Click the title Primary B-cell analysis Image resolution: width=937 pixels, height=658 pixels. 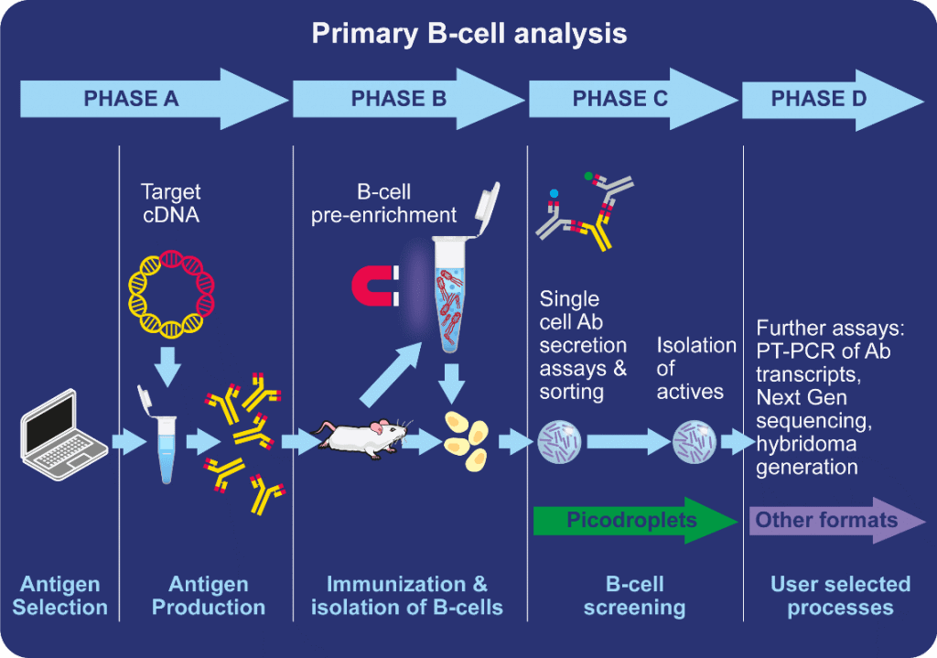click(x=468, y=34)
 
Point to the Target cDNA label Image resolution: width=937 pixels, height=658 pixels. click(x=170, y=204)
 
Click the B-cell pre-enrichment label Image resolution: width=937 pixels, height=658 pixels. click(x=383, y=204)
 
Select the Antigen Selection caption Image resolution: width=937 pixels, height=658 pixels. click(x=59, y=596)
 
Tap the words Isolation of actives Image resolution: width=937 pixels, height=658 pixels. click(x=695, y=368)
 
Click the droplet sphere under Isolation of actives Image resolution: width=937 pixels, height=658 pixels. click(x=695, y=442)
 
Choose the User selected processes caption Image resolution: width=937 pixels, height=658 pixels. click(x=840, y=596)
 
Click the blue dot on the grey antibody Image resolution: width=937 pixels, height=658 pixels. click(x=554, y=193)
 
